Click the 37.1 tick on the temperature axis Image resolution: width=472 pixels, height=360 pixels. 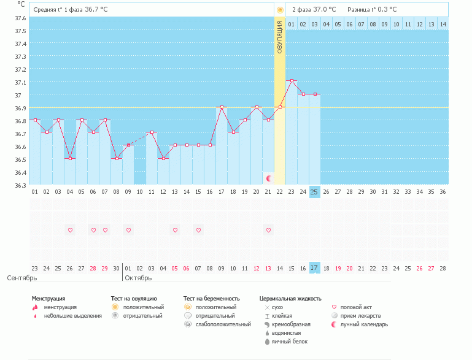20,82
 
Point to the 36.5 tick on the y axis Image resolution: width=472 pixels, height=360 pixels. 20,159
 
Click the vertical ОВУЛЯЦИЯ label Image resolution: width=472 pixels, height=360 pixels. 279,37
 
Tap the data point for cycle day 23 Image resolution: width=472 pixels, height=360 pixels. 292,81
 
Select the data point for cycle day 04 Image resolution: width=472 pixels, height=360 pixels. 70,158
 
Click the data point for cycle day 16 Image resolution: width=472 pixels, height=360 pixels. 210,145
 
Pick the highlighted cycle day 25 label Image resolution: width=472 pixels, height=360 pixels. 314,192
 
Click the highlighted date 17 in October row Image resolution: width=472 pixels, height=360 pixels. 314,268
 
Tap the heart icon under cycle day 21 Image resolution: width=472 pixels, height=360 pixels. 268,230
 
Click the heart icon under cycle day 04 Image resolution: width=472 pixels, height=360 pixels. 70,230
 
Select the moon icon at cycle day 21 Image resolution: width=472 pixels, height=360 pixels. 268,178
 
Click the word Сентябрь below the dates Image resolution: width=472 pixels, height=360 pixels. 21,278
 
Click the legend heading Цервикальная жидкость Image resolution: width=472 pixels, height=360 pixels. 290,299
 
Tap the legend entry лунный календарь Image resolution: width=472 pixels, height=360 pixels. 364,324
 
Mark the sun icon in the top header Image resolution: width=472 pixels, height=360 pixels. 280,10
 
